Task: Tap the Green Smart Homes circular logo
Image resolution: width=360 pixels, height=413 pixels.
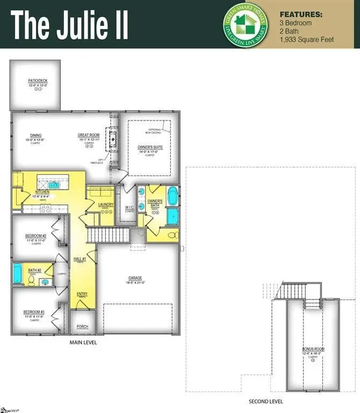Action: (244, 24)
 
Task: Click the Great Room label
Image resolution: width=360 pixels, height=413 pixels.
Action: (89, 136)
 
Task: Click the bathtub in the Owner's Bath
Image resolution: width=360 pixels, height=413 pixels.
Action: (173, 196)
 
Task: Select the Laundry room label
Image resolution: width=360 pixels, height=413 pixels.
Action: (105, 204)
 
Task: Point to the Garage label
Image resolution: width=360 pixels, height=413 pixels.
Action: (135, 278)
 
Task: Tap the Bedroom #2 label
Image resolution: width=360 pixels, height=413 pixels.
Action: (35, 236)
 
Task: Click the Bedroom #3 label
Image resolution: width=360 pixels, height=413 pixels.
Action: (33, 312)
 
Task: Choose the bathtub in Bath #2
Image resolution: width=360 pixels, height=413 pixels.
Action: (18, 274)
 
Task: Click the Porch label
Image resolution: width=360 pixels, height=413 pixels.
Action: (83, 326)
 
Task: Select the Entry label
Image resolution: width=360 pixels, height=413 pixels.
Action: (82, 294)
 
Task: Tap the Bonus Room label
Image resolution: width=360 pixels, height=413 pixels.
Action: (313, 350)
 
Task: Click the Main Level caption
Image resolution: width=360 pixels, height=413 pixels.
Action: (83, 342)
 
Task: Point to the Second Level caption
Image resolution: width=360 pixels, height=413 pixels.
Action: (265, 401)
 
